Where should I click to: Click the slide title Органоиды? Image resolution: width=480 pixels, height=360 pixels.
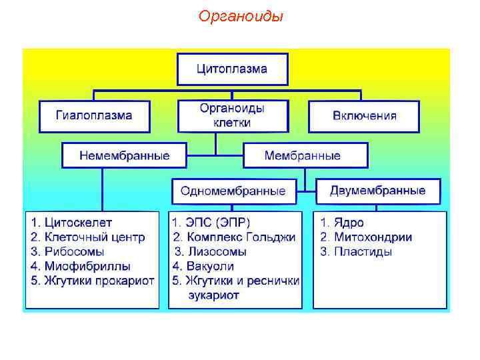click(x=241, y=16)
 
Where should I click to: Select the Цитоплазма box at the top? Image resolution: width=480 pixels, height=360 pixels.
click(x=232, y=69)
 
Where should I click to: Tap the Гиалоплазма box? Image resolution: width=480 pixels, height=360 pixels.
click(x=94, y=115)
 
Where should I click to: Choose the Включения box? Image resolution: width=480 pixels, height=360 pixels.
click(x=364, y=115)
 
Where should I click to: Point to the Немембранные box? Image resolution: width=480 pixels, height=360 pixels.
click(x=124, y=155)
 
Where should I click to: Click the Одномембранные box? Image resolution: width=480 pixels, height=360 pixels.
click(x=233, y=191)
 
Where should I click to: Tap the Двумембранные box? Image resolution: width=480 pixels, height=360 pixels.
click(x=377, y=191)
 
